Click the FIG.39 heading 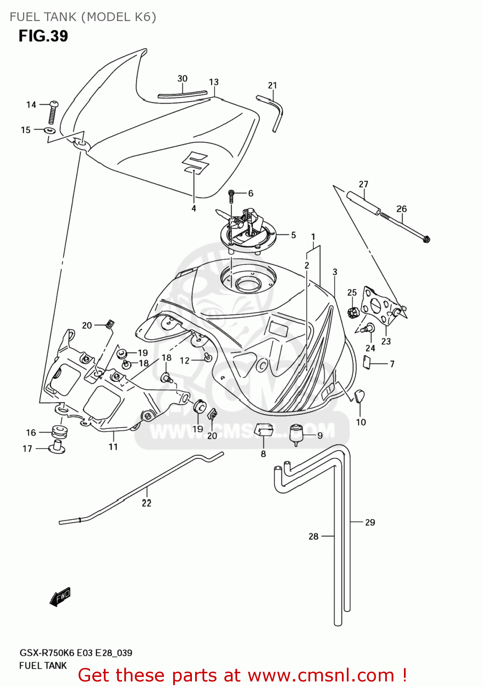point(43,36)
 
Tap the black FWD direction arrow point(60,596)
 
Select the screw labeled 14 point(53,111)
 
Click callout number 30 point(182,79)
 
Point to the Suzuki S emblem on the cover point(195,162)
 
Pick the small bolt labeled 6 point(231,196)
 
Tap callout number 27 point(363,184)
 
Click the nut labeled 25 point(352,312)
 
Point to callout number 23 point(386,341)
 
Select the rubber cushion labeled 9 point(297,434)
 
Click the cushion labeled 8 point(263,430)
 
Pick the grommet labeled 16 point(59,431)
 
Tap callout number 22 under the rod point(146,503)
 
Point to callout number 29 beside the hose point(370,522)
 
